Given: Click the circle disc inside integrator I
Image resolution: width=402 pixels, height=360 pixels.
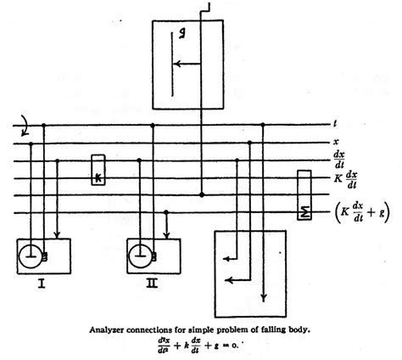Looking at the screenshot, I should pos(31,253).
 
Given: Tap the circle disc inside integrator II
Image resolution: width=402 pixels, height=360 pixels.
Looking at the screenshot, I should pos(141,253).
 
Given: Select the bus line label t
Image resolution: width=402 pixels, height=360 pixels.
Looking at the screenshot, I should pos(337,126).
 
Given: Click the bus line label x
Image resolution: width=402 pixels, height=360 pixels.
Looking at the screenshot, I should pos(338,143).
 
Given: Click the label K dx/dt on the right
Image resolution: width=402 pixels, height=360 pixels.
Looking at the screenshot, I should pos(343,179).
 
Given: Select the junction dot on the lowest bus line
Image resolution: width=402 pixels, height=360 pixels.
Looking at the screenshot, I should pos(201,194).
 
